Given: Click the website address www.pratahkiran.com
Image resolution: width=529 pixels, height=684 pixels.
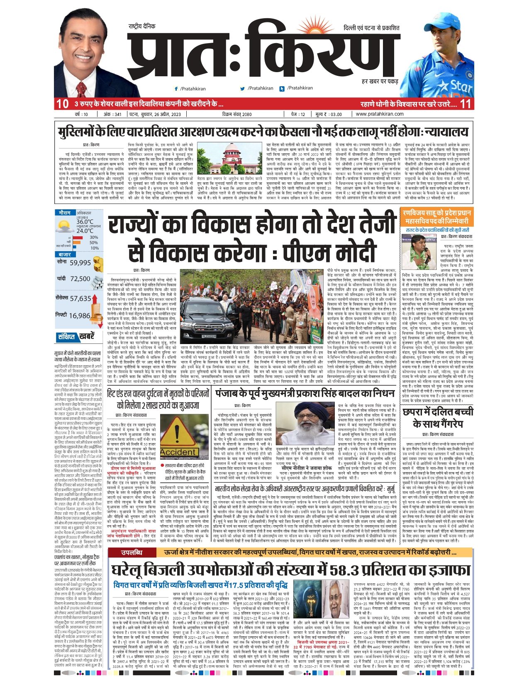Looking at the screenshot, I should pyautogui.click(x=379, y=114).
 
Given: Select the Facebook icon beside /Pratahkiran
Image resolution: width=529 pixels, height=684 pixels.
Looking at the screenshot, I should pyautogui.click(x=176, y=89).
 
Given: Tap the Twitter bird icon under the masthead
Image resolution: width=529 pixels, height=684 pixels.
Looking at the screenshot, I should pyautogui.click(x=242, y=88).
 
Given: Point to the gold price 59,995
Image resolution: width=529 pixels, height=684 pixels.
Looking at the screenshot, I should pyautogui.click(x=80, y=263).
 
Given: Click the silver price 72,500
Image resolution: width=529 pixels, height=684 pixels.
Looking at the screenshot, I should pyautogui.click(x=80, y=279).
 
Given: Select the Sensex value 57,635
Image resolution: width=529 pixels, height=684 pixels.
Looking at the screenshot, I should pyautogui.click(x=80, y=298).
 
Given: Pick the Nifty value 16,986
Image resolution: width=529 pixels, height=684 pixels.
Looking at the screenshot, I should pyautogui.click(x=80, y=316).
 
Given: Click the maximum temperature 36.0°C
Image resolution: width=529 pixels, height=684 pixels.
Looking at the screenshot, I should pyautogui.click(x=85, y=222).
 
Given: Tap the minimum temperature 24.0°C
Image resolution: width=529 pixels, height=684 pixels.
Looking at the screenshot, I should pyautogui.click(x=85, y=230).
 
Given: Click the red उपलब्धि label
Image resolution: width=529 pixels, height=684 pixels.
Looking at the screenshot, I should pyautogui.click(x=132, y=553).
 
